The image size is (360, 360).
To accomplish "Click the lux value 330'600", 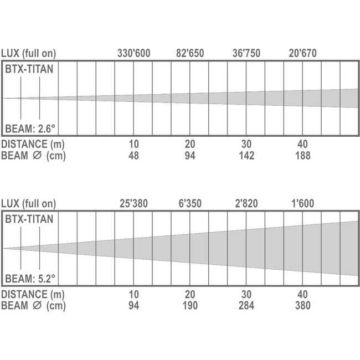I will point(134,54).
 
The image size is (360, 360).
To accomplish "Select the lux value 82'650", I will point(190,54).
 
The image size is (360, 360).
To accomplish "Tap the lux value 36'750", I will point(247,54).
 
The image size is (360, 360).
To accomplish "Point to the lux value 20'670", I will point(303,54).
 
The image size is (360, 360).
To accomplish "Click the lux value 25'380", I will point(134,204).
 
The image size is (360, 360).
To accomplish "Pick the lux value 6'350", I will point(190,204).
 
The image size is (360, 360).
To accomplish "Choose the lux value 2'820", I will point(247,204).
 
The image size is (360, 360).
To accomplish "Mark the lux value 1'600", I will point(302,204).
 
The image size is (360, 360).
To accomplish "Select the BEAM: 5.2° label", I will point(30,278).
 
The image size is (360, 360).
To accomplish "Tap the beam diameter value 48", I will point(134,156).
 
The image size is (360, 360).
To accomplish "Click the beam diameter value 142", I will point(247,156).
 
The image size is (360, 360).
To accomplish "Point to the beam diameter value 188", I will point(302,156).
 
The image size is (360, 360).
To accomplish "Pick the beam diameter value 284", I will point(247,305).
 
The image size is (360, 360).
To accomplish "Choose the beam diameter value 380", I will point(302,305).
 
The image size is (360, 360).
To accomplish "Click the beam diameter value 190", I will point(190,305).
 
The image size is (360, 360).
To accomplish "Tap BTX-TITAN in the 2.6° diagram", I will point(29,70).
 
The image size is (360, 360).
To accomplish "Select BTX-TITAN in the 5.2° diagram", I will point(29,219).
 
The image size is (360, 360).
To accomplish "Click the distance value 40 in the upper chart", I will point(302,145).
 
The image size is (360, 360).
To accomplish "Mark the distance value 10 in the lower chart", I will point(134,294).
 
